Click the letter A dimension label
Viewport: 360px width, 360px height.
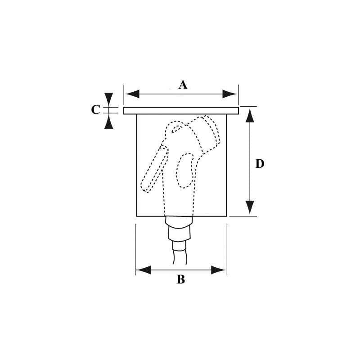[x=183, y=85]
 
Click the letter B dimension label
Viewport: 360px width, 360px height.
[x=181, y=279]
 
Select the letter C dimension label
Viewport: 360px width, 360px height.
[x=95, y=109]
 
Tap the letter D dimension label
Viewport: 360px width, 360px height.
[x=260, y=164]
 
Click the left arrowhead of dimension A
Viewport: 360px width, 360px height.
[x=132, y=94]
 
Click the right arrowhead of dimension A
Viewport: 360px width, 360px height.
[x=229, y=94]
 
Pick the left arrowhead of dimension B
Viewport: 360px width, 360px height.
[x=143, y=270]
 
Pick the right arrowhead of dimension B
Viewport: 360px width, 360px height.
[x=218, y=270]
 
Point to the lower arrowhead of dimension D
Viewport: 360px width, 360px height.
[x=250, y=207]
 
